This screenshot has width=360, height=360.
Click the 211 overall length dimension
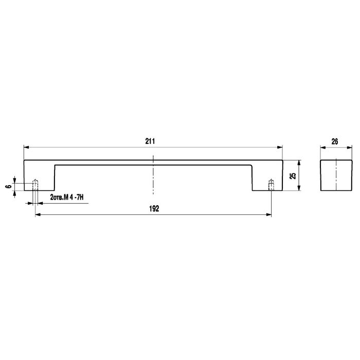[x=150, y=141]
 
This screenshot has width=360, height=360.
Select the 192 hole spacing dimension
[x=154, y=209]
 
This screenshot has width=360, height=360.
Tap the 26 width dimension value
[x=334, y=141]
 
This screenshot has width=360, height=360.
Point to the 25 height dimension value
[x=293, y=176]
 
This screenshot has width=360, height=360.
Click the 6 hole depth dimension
[x=9, y=186]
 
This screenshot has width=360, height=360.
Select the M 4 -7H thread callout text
[x=74, y=197]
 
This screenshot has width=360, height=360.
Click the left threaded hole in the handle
[x=35, y=185]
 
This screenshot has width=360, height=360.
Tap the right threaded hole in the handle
[x=271, y=185]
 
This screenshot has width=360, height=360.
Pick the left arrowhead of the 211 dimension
[x=26, y=147]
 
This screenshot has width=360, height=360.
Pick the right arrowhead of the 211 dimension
[x=280, y=147]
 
